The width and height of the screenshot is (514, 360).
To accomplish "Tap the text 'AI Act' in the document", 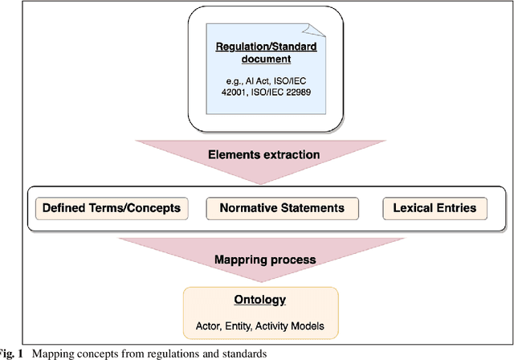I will click(x=239, y=80).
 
